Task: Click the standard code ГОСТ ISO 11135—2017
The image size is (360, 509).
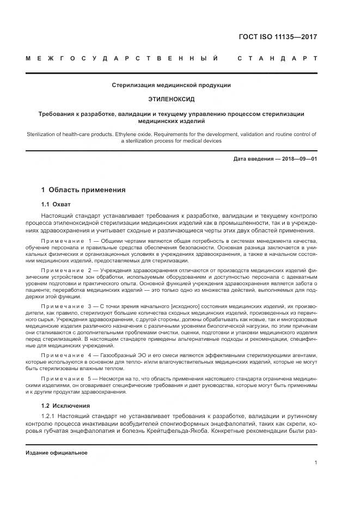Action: (278, 37)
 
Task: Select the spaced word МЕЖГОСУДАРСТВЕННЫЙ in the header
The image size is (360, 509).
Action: (123, 58)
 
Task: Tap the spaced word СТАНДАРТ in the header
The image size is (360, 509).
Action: (277, 58)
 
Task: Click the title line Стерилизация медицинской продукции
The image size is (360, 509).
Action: (172, 85)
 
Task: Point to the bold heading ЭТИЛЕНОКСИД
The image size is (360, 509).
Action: (172, 100)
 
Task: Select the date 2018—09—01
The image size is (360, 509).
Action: (297, 158)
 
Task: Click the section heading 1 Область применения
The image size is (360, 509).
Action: (83, 190)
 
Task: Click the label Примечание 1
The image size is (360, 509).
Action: (66, 241)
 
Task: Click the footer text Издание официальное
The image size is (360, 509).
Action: (57, 453)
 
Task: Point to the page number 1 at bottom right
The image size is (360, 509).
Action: (316, 463)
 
